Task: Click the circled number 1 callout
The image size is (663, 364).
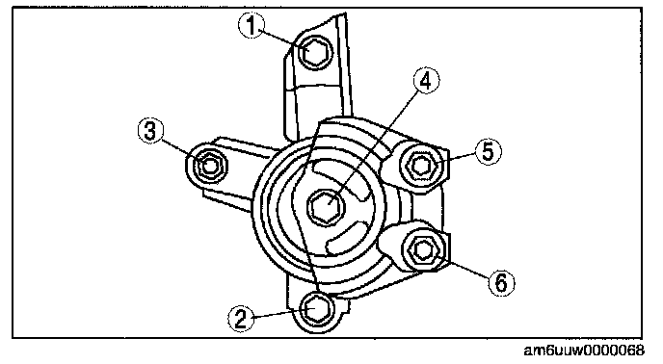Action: (x=252, y=25)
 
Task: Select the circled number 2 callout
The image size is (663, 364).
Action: (x=242, y=319)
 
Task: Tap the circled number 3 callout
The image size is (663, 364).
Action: (x=151, y=130)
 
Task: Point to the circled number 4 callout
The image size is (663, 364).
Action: (x=426, y=80)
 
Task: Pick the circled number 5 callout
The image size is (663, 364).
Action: (x=489, y=151)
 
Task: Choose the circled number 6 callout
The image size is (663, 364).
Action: (x=501, y=282)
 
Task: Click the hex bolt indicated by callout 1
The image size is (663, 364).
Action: (x=315, y=52)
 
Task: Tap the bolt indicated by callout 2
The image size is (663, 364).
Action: (x=317, y=309)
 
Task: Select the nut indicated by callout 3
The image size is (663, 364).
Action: (x=210, y=165)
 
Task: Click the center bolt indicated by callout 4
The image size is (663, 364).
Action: (x=327, y=206)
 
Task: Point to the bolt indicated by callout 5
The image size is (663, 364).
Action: (x=421, y=165)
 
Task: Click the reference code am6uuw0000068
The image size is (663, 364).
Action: (x=584, y=351)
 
